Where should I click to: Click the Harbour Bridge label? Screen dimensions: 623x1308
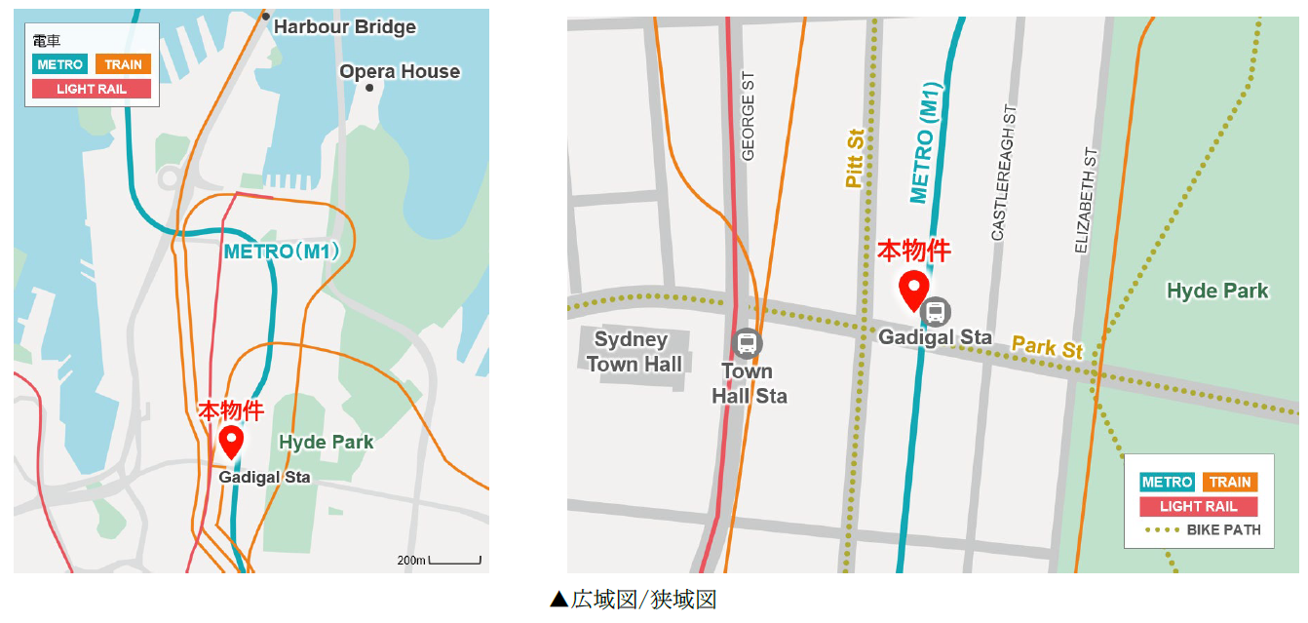pyautogui.click(x=344, y=27)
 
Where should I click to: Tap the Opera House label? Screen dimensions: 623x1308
pyautogui.click(x=400, y=72)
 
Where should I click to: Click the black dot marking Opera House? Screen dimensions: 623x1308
pyautogui.click(x=369, y=88)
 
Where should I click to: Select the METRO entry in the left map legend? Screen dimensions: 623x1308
pyautogui.click(x=60, y=64)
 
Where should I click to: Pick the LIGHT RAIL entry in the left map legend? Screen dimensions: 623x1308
pyautogui.click(x=92, y=89)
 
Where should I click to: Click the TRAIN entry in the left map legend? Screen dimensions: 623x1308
pyautogui.click(x=123, y=64)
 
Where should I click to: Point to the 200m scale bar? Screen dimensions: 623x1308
pyautogui.click(x=454, y=561)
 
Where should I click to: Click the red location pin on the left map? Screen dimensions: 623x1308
pyautogui.click(x=231, y=440)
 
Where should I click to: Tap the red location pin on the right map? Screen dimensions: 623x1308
pyautogui.click(x=913, y=290)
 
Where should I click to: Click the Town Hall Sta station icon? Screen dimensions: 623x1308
pyautogui.click(x=748, y=342)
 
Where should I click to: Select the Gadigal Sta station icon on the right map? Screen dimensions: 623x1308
pyautogui.click(x=936, y=312)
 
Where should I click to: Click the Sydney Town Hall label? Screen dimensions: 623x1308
pyautogui.click(x=632, y=352)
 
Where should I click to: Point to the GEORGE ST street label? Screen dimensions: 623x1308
pyautogui.click(x=749, y=116)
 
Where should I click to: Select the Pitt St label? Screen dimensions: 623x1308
pyautogui.click(x=855, y=158)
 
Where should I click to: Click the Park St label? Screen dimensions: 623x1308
pyautogui.click(x=1047, y=347)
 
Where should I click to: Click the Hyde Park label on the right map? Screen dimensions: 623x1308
pyautogui.click(x=1217, y=291)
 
